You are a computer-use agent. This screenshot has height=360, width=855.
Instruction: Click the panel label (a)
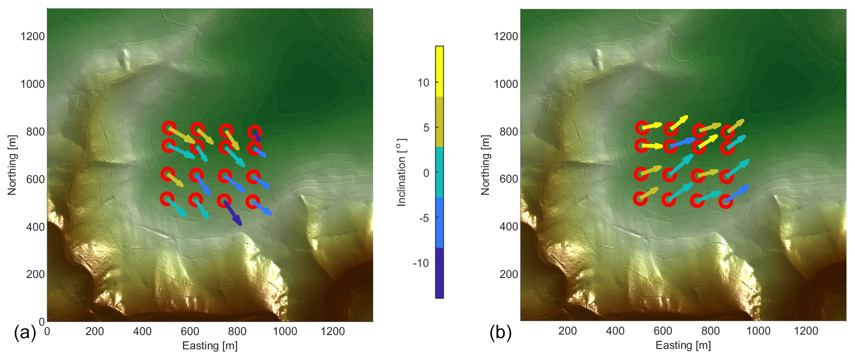click(x=25, y=332)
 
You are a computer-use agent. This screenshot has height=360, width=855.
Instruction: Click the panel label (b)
click(x=500, y=332)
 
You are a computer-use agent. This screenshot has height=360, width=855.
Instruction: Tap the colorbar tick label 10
click(x=423, y=82)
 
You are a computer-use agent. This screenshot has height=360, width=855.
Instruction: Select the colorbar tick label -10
click(x=421, y=263)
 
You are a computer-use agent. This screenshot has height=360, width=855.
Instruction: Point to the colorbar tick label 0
click(x=426, y=173)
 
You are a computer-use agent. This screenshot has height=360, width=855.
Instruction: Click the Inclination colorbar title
click(x=402, y=172)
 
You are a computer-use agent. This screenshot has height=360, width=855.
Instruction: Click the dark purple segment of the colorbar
click(x=440, y=273)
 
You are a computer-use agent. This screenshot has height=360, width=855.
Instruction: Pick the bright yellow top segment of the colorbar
click(x=440, y=71)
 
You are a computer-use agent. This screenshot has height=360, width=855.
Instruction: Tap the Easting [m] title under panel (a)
click(x=210, y=346)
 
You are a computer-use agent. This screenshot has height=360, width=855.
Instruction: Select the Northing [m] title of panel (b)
click(x=485, y=165)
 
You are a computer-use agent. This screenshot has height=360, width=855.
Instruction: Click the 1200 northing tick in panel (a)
click(x=33, y=37)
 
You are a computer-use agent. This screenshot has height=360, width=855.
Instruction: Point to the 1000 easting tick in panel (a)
click(x=285, y=331)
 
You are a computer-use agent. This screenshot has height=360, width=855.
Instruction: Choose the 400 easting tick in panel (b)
click(x=615, y=331)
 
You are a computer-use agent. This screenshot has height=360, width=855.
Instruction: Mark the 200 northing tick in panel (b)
click(x=509, y=274)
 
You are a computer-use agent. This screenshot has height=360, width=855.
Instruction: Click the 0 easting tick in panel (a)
click(x=47, y=331)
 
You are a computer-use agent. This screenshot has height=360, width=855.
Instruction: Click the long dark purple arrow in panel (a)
click(x=233, y=213)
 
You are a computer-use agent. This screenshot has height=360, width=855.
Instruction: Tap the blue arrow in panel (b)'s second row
click(x=683, y=143)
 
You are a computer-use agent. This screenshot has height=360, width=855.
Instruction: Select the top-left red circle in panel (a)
click(x=169, y=128)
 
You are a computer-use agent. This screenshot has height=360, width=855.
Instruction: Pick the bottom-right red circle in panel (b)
click(x=725, y=202)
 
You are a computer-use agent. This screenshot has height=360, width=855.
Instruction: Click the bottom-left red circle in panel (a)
click(x=167, y=199)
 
